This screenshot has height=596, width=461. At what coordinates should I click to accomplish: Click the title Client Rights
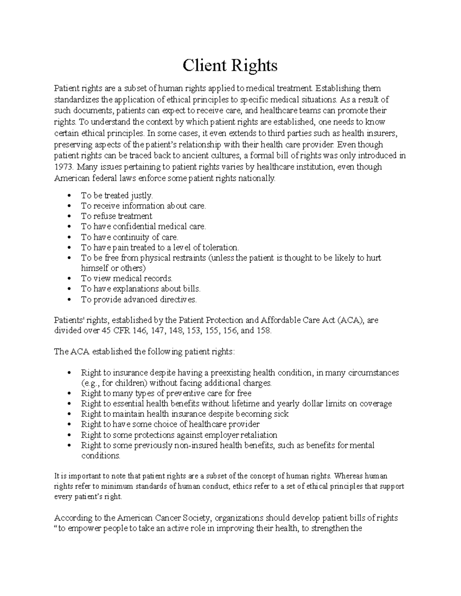pos(230,66)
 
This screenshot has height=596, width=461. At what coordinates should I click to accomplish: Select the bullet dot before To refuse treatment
pos(69,216)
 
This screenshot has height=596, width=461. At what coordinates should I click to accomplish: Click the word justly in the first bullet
pos(142,195)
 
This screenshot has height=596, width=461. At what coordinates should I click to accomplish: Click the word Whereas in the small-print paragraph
pos(348,476)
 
